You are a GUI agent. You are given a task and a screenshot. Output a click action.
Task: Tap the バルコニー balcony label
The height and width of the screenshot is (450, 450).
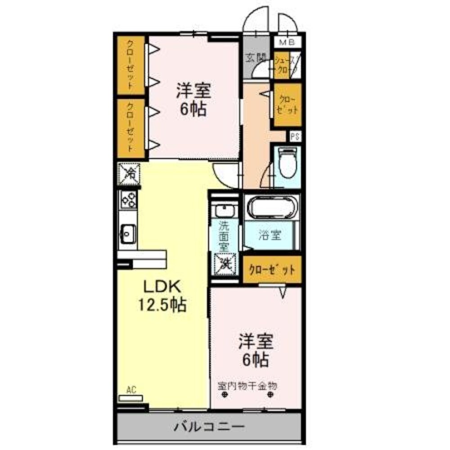[x=209, y=426]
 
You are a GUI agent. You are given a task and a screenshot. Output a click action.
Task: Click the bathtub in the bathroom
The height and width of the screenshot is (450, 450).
[x=271, y=208]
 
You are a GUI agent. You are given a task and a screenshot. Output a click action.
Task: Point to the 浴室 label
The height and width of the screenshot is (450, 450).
[x=270, y=235]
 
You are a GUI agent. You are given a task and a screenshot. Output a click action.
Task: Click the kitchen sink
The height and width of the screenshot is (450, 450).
[x=128, y=234]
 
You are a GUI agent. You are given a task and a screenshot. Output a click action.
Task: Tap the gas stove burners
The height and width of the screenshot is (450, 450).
[x=128, y=199]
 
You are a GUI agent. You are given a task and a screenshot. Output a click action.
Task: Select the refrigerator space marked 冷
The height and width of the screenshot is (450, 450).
[x=129, y=173]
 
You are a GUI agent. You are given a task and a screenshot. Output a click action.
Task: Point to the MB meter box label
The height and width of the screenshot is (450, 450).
[x=287, y=43]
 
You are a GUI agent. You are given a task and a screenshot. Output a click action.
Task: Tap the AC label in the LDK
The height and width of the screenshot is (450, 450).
[x=131, y=390]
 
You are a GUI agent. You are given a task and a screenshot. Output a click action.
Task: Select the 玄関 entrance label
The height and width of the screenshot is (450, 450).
[x=255, y=57]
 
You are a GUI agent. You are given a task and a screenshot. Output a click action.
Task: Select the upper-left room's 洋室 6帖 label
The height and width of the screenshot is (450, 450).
[x=193, y=99]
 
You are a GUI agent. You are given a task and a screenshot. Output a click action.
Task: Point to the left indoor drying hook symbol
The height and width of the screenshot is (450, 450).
[x=224, y=396]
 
